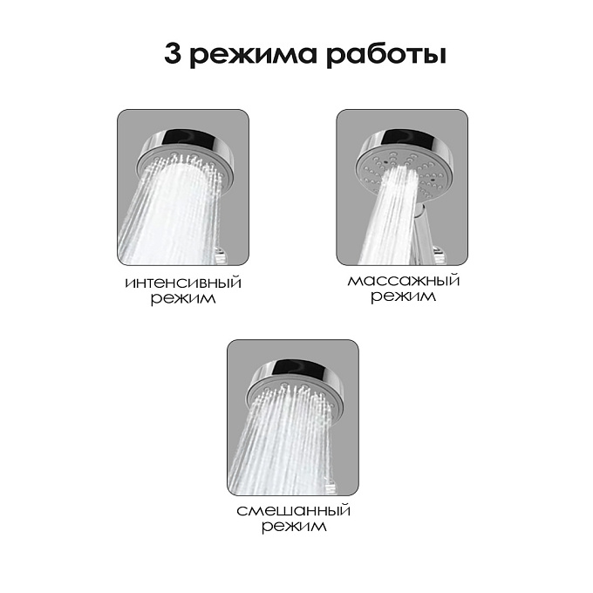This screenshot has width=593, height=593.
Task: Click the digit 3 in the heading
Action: click(173, 54)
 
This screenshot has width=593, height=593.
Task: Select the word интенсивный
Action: click(183, 283)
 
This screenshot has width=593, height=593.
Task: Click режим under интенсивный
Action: click(183, 299)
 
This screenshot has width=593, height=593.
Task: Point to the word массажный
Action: click(404, 281)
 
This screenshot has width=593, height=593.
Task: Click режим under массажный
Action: click(403, 296)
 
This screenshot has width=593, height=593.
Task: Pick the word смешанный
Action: click(294, 510)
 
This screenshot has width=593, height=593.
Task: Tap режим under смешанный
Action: click(294, 527)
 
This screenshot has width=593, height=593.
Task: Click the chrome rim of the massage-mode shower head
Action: click(408, 140)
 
